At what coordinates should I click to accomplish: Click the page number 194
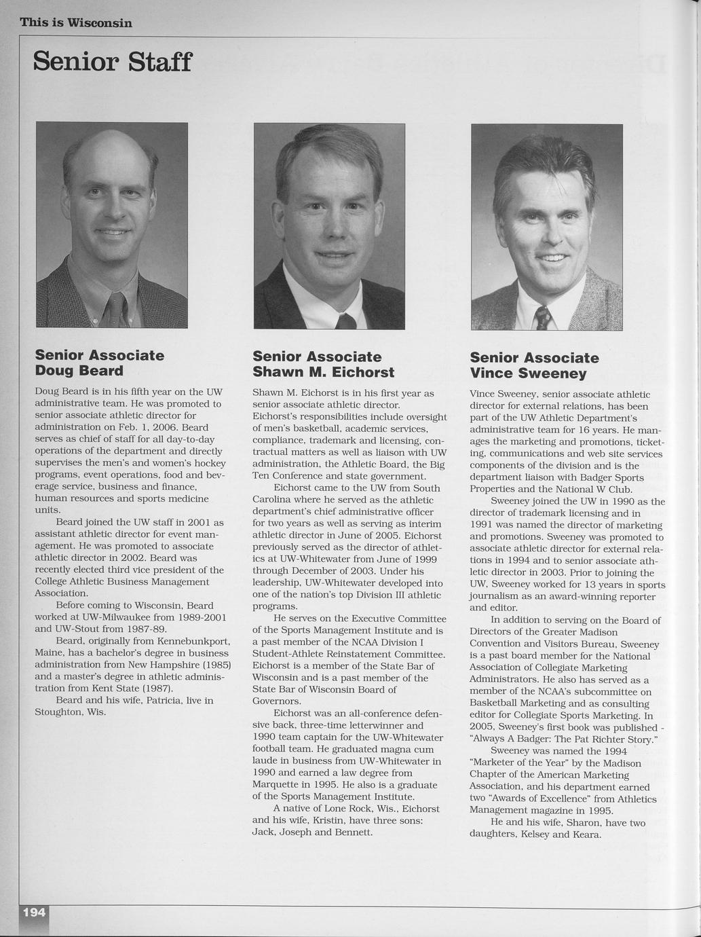tap(34, 913)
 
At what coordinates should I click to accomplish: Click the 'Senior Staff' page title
tap(113, 62)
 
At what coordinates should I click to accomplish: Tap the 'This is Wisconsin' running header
tap(76, 23)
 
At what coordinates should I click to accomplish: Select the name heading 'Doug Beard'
tap(79, 371)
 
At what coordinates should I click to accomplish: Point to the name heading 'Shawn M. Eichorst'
tap(323, 372)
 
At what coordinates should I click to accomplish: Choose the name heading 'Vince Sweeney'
tap(528, 373)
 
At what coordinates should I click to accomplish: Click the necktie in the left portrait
tap(117, 309)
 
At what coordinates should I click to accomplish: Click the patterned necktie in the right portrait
tap(543, 317)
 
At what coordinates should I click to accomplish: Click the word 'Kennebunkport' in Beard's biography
tap(194, 641)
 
